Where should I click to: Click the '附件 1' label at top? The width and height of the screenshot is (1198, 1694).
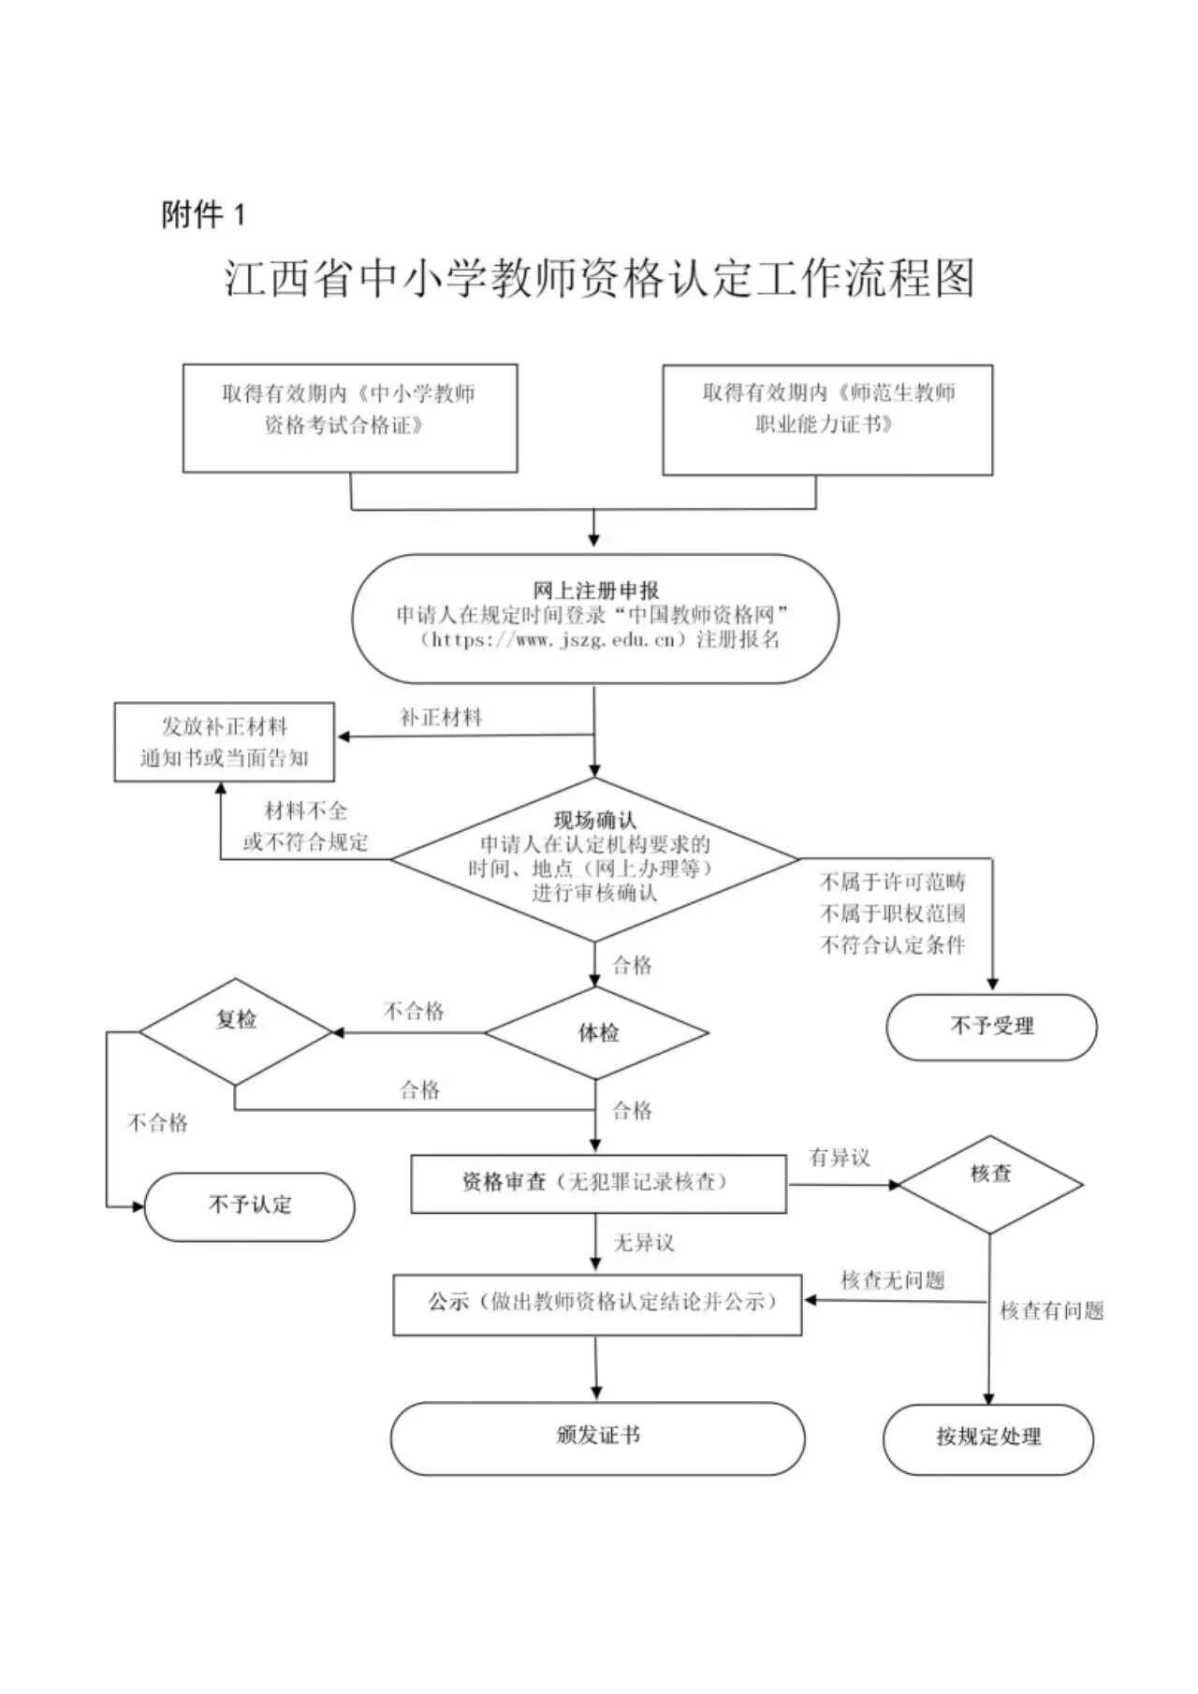(203, 215)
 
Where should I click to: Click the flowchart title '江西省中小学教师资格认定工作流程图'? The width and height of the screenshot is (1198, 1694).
(599, 279)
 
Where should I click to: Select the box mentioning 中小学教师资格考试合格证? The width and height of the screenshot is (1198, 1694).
(349, 418)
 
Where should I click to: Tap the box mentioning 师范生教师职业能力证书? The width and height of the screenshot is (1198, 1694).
(827, 419)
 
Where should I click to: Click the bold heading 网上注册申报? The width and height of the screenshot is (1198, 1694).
(596, 591)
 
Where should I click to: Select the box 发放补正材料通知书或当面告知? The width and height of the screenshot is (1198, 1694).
(224, 742)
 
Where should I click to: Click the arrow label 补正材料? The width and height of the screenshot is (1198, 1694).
(441, 718)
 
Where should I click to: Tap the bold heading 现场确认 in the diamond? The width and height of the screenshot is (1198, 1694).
(594, 821)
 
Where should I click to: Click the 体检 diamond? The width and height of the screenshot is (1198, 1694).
(597, 1033)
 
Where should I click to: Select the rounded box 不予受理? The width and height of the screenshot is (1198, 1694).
(991, 1027)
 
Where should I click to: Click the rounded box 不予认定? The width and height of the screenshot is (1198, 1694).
(249, 1205)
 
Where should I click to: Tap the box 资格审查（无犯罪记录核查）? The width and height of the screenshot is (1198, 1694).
(598, 1183)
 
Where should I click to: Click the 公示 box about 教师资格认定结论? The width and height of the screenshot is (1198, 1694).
(597, 1303)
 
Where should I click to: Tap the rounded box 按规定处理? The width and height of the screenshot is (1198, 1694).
(988, 1438)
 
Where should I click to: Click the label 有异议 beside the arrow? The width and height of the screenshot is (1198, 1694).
(840, 1158)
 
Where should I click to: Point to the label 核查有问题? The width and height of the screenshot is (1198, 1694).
(1052, 1311)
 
